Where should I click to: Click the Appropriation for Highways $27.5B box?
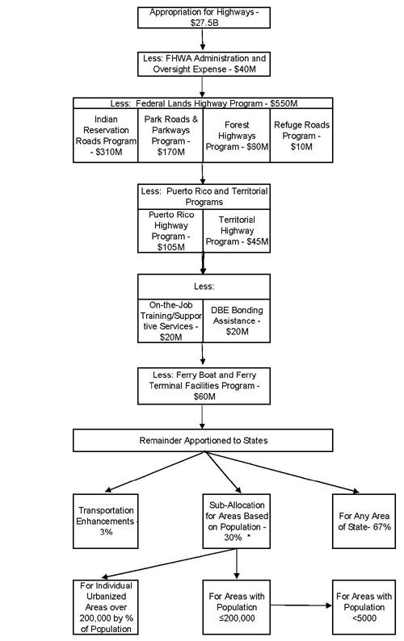(204, 18)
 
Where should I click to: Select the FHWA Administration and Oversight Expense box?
(204, 64)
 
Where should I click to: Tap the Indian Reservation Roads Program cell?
(106, 136)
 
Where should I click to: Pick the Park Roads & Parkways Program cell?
(170, 136)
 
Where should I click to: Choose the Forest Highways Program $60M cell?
(236, 136)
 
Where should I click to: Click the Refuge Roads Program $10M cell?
(301, 136)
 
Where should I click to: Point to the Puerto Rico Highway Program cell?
(170, 231)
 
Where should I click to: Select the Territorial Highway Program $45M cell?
(236, 231)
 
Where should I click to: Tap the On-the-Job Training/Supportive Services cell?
(170, 320)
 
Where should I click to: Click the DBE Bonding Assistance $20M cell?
(236, 320)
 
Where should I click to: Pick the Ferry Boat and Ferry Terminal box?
(204, 386)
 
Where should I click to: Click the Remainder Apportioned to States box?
(203, 440)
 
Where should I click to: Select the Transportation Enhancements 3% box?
(106, 522)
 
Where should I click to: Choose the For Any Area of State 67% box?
(364, 522)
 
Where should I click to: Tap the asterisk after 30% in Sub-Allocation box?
(249, 537)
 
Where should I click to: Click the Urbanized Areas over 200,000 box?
(106, 607)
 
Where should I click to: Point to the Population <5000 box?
(364, 607)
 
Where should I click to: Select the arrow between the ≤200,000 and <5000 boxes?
(301, 605)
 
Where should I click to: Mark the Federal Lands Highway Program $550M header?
(204, 103)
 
